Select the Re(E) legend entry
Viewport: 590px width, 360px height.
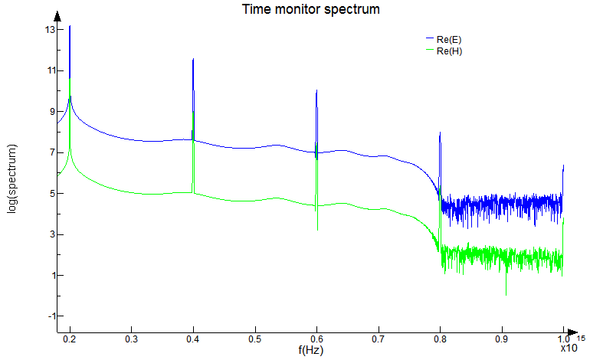point(448,39)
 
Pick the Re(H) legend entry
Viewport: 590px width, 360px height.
point(448,51)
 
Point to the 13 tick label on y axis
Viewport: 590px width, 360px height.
point(51,30)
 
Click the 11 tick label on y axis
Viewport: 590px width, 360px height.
point(51,70)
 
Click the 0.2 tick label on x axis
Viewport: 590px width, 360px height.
point(70,339)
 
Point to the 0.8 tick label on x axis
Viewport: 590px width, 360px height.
point(440,339)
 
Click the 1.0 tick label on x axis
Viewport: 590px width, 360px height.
point(563,339)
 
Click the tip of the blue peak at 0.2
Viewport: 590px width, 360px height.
point(70,26)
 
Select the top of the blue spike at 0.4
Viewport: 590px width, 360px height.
point(193,58)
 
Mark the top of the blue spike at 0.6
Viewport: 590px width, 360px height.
point(316,90)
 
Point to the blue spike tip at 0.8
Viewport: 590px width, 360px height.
point(440,133)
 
